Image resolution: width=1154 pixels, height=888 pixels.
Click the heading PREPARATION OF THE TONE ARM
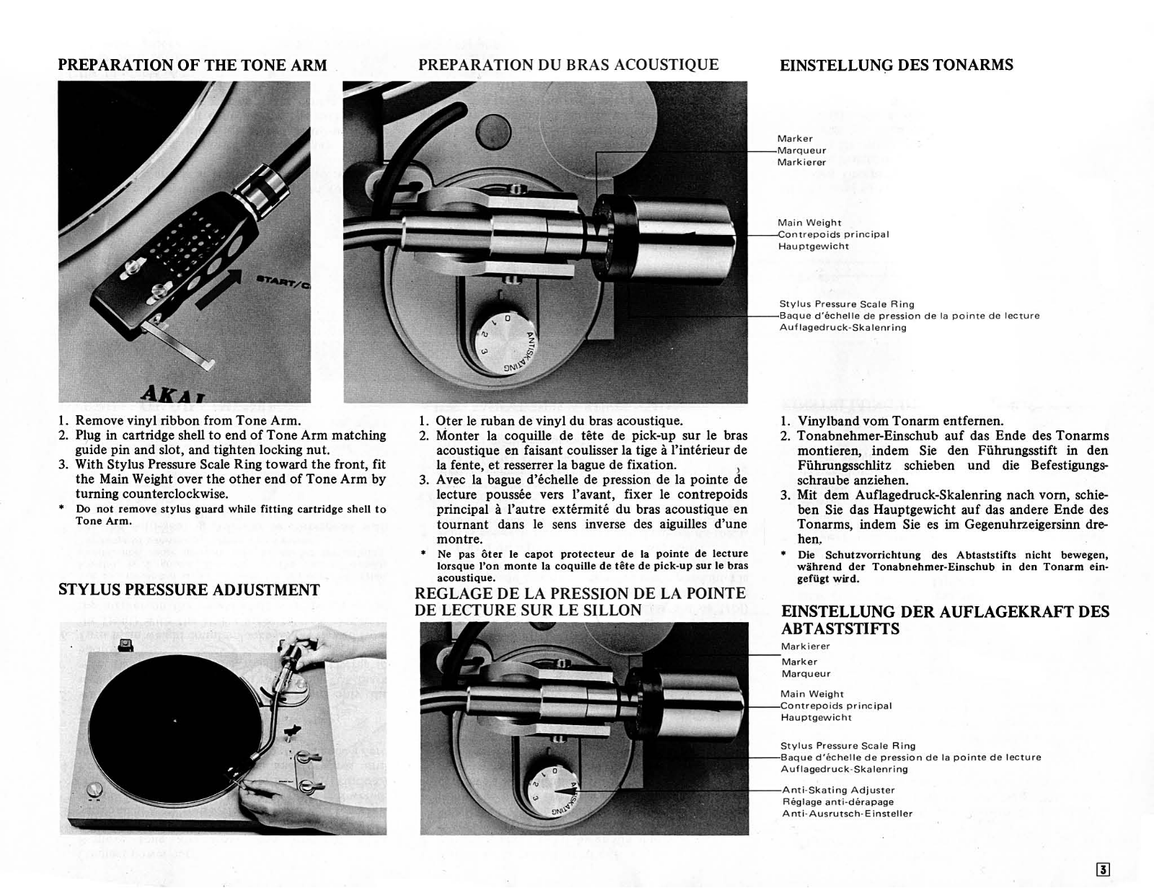[192, 65]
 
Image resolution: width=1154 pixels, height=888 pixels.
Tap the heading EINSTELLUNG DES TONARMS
[896, 65]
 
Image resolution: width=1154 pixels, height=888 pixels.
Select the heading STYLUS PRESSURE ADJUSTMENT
[188, 590]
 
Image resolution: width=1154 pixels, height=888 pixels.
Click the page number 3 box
[1102, 869]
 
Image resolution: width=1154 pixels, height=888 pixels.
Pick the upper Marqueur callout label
[801, 151]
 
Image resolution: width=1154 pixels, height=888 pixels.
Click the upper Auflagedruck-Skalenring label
[842, 328]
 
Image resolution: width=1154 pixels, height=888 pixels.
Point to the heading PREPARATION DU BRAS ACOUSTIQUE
[568, 65]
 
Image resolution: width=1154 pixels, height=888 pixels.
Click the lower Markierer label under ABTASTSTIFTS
[805, 647]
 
